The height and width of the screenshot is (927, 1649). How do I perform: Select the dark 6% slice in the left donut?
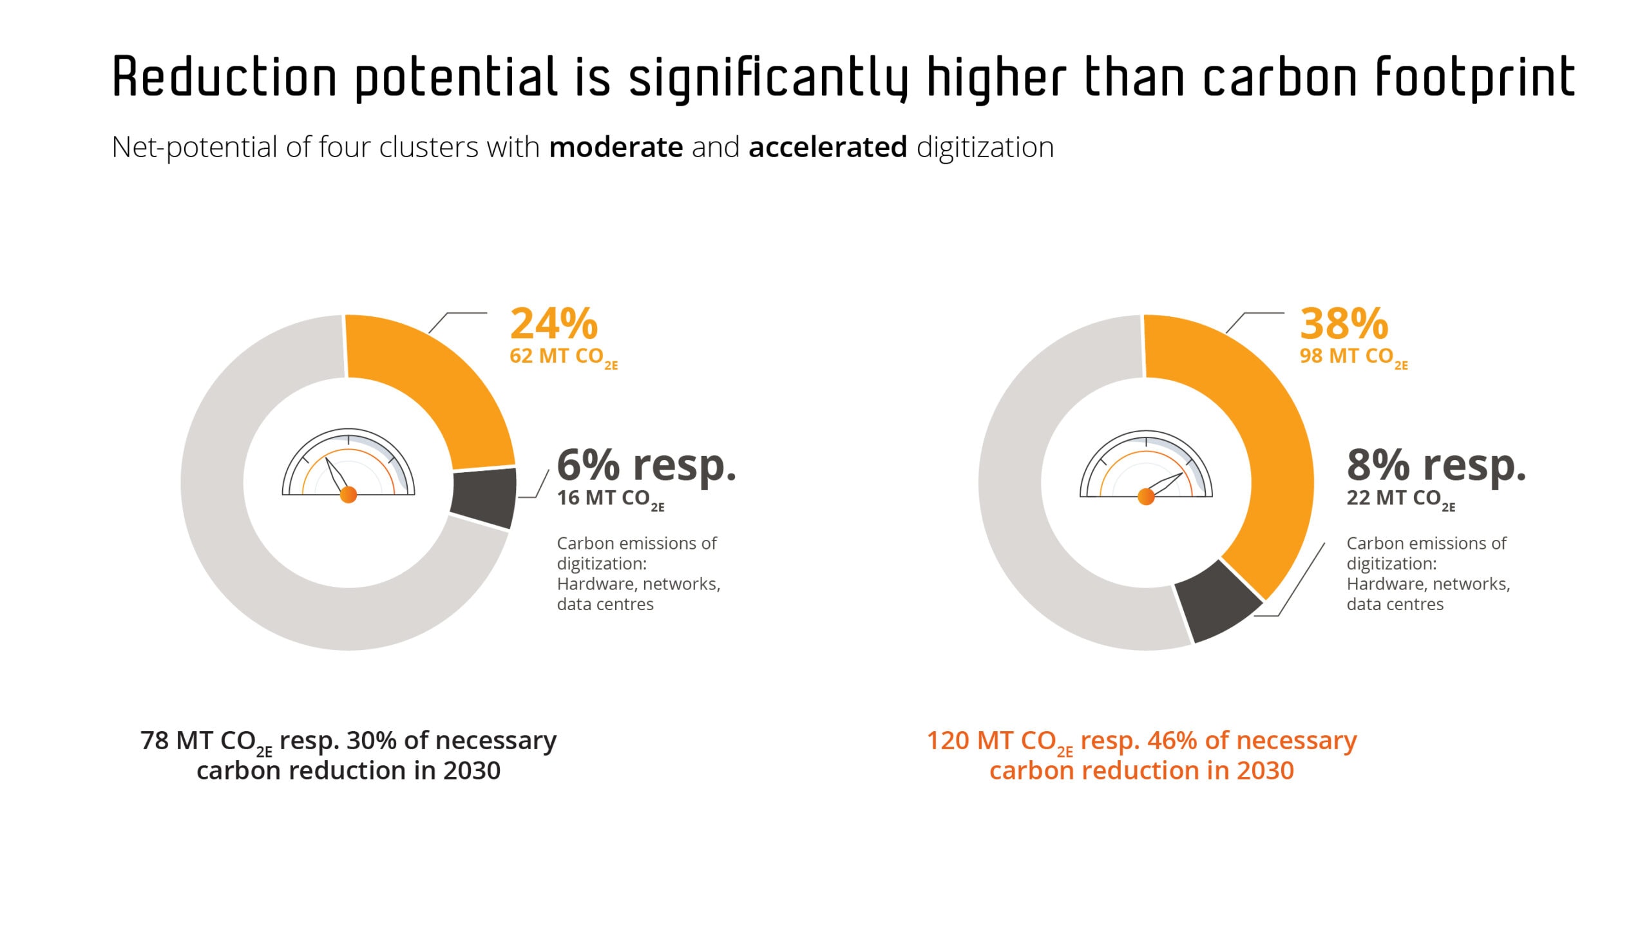[483, 498]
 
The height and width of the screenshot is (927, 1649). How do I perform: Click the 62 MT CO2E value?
[563, 357]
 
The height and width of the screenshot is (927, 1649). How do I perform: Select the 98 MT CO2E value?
[1353, 357]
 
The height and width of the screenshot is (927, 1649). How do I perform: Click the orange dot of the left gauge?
[348, 495]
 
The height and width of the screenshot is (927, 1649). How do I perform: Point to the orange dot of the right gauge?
[1146, 497]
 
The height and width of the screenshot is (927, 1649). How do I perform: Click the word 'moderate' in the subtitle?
[616, 148]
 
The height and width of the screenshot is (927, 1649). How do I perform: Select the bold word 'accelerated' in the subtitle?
[828, 148]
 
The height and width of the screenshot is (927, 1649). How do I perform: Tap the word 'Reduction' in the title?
[225, 77]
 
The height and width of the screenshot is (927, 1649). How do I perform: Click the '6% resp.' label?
[646, 465]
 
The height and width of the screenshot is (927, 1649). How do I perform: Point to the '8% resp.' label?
[1436, 465]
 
